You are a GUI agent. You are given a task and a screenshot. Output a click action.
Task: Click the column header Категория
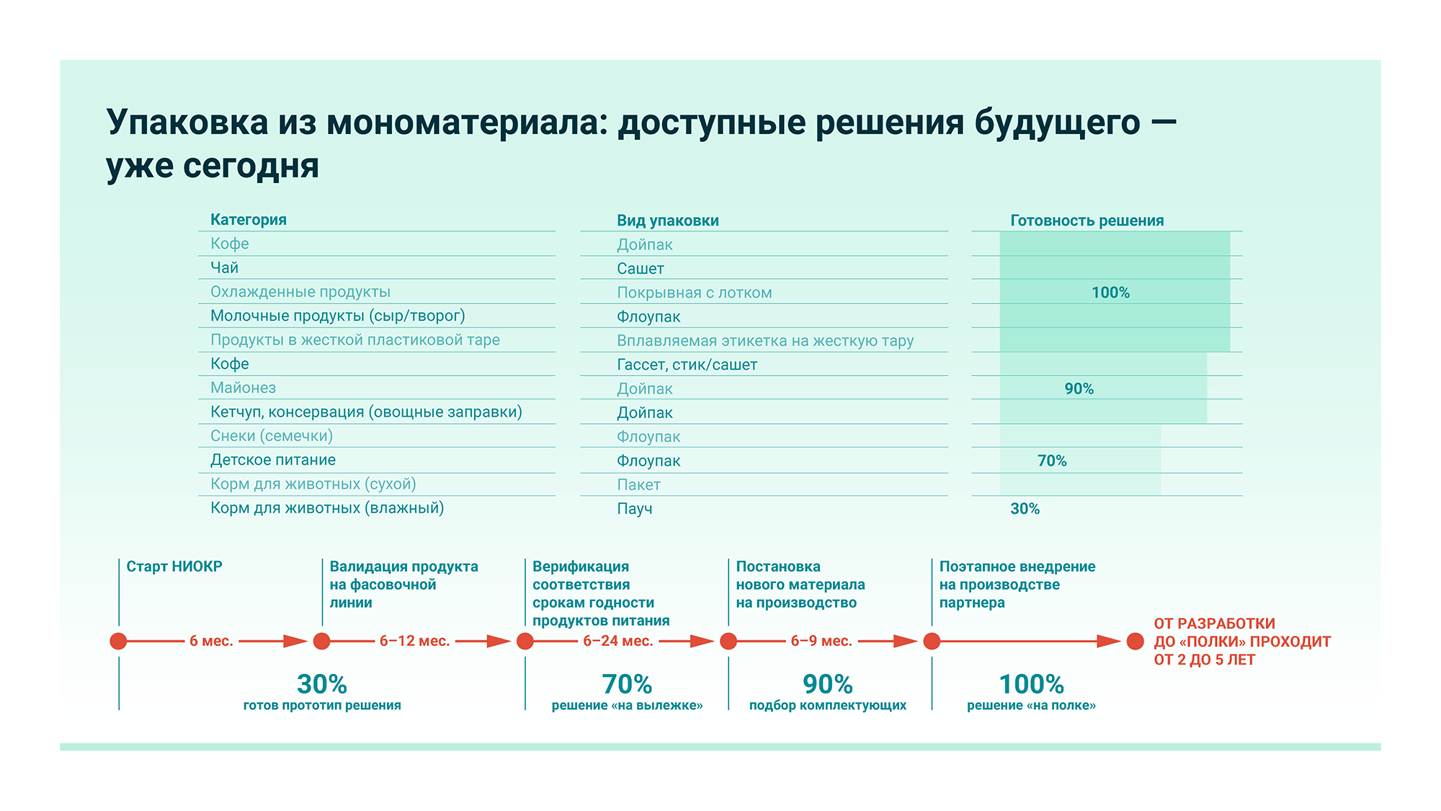[248, 220]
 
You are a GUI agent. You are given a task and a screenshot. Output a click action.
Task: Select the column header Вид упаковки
[667, 221]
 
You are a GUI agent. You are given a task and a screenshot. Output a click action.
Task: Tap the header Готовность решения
[1087, 221]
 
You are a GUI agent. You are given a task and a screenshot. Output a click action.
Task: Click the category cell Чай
[224, 268]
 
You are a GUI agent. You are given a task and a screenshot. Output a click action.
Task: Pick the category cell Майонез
[243, 388]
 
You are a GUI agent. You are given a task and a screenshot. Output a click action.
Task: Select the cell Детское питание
[272, 460]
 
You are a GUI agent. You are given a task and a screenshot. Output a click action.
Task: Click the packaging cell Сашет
[640, 269]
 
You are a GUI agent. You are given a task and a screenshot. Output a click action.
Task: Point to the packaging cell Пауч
[634, 509]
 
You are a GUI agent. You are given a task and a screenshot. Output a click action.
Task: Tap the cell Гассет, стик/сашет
[687, 365]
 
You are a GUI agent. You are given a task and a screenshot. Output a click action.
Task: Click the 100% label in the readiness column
[1110, 293]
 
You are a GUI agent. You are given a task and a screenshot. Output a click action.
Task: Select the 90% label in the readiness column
[1079, 389]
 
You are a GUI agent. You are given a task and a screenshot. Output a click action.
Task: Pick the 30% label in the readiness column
[1025, 509]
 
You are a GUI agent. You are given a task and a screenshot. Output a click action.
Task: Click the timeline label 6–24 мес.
[617, 641]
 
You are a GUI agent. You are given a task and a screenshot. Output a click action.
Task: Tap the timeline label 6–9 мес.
[821, 641]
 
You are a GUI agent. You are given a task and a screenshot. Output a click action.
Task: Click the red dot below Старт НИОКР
[118, 641]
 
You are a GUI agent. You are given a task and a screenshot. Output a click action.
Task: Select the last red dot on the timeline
[1135, 641]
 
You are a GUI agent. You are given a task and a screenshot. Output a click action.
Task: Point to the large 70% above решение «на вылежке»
[627, 683]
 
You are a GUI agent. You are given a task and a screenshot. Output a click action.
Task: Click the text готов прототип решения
[322, 705]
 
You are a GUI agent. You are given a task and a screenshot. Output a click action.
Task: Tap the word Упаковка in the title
[187, 122]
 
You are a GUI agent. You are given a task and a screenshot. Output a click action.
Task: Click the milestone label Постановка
[777, 567]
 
